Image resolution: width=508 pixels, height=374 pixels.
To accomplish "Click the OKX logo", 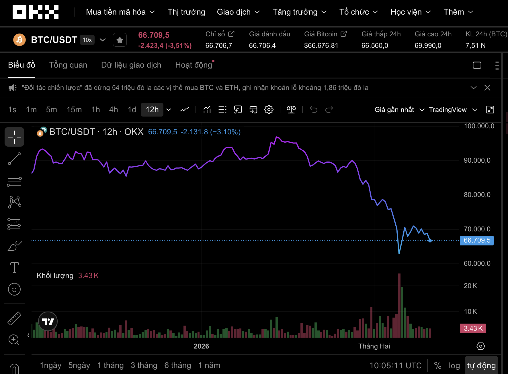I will tap(36, 12).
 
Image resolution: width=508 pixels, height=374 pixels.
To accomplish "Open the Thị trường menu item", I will tap(186, 12).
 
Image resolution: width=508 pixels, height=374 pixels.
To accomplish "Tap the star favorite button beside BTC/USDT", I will tap(120, 40).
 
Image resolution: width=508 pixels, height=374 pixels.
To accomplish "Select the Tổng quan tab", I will tap(68, 65).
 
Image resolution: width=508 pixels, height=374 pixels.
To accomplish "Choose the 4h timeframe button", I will tap(113, 110).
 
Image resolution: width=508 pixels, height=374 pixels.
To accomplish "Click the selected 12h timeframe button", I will tap(152, 110).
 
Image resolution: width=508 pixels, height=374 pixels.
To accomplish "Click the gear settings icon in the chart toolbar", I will tap(269, 110).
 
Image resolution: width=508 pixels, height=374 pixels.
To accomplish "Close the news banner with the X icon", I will tap(487, 88).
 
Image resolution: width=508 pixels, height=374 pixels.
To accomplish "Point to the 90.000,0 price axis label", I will tap(477, 160).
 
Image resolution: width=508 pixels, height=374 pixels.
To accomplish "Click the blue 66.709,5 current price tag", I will tap(477, 240).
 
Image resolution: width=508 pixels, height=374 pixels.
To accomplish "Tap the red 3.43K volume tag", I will tap(473, 328).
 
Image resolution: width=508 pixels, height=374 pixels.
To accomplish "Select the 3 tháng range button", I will tap(144, 365).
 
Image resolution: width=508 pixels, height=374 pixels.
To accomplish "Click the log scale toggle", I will tap(454, 365).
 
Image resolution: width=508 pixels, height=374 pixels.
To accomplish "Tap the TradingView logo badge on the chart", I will tap(48, 321).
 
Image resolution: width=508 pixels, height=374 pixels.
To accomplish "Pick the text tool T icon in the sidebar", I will tap(14, 267).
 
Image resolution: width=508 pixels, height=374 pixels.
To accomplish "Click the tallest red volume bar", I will tap(399, 305).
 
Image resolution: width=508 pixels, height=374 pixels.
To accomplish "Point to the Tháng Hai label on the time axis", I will tap(374, 346).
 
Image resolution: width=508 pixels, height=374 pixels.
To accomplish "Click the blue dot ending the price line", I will tap(430, 241).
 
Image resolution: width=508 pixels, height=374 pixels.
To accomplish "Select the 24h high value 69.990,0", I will tap(428, 46).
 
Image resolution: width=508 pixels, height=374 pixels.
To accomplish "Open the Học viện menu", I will tap(411, 12).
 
